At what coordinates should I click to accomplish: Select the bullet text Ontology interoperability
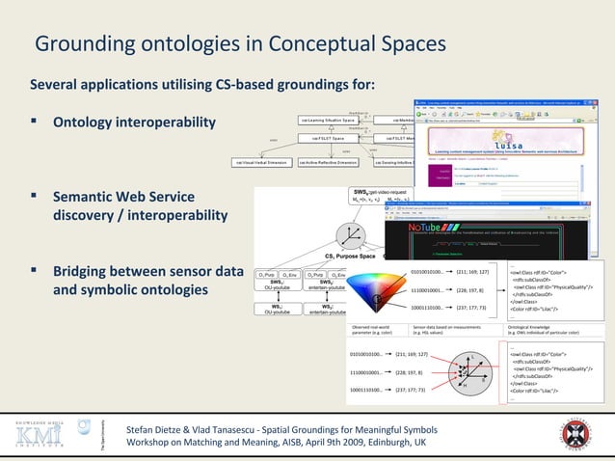[134, 124]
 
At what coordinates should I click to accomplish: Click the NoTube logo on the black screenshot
[422, 228]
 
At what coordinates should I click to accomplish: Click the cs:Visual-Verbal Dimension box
[261, 162]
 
